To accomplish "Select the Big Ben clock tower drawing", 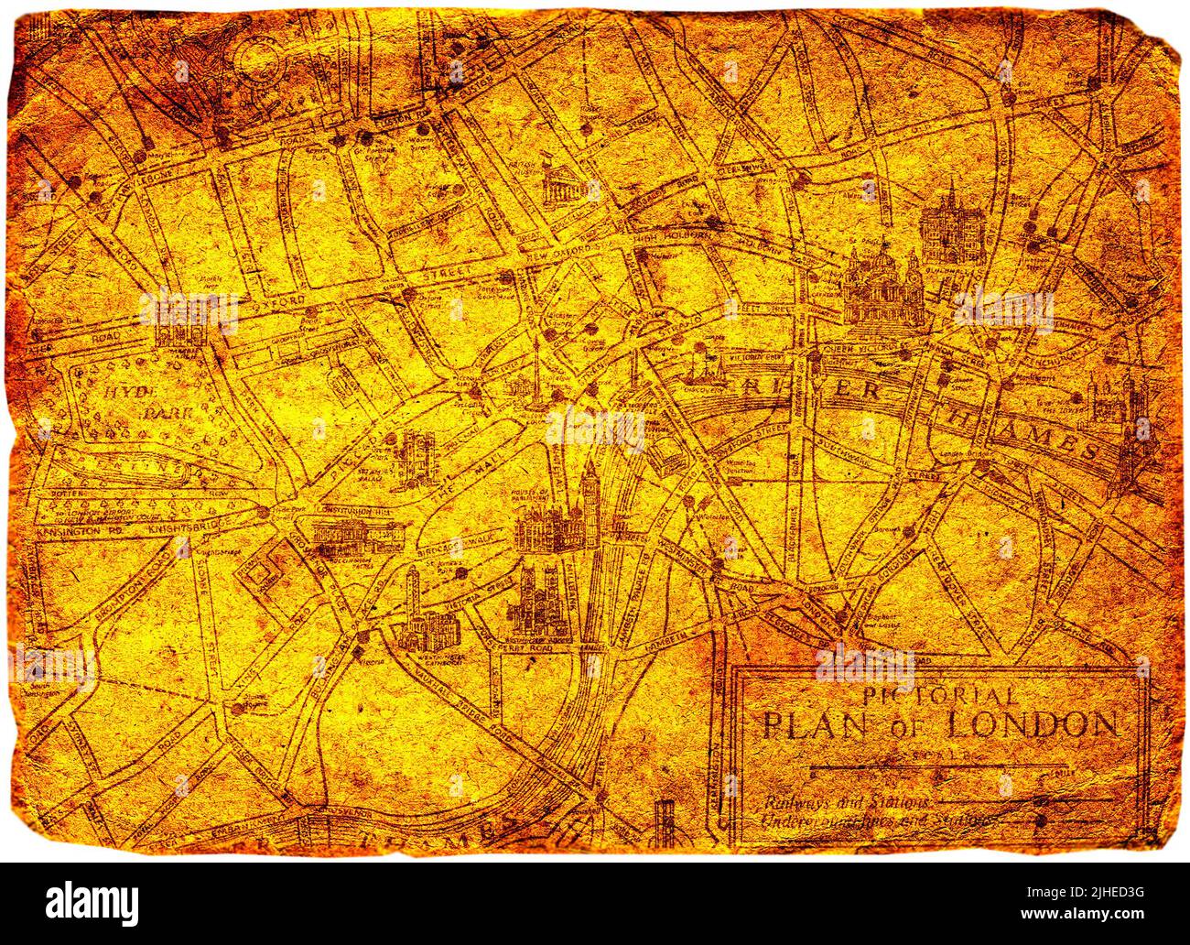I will pos(590,494).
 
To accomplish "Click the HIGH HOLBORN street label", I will pos(676,238).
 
